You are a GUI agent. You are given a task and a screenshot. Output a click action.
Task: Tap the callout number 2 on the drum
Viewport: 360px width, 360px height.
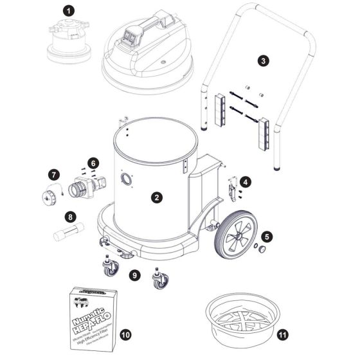156,197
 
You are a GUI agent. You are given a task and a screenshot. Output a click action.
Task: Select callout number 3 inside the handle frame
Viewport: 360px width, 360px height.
263,60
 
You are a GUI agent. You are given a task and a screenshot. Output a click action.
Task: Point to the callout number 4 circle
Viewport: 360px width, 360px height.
246,183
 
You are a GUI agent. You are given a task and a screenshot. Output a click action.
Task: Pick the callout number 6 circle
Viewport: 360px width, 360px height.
93,163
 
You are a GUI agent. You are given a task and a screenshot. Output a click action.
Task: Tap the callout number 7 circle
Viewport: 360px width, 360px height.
54,174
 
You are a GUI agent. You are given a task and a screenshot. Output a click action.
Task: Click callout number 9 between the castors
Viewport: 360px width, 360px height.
134,274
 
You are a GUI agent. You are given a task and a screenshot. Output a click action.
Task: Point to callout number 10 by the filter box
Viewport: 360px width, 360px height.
125,334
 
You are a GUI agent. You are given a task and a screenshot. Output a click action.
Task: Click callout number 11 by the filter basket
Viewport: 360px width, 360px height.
283,334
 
